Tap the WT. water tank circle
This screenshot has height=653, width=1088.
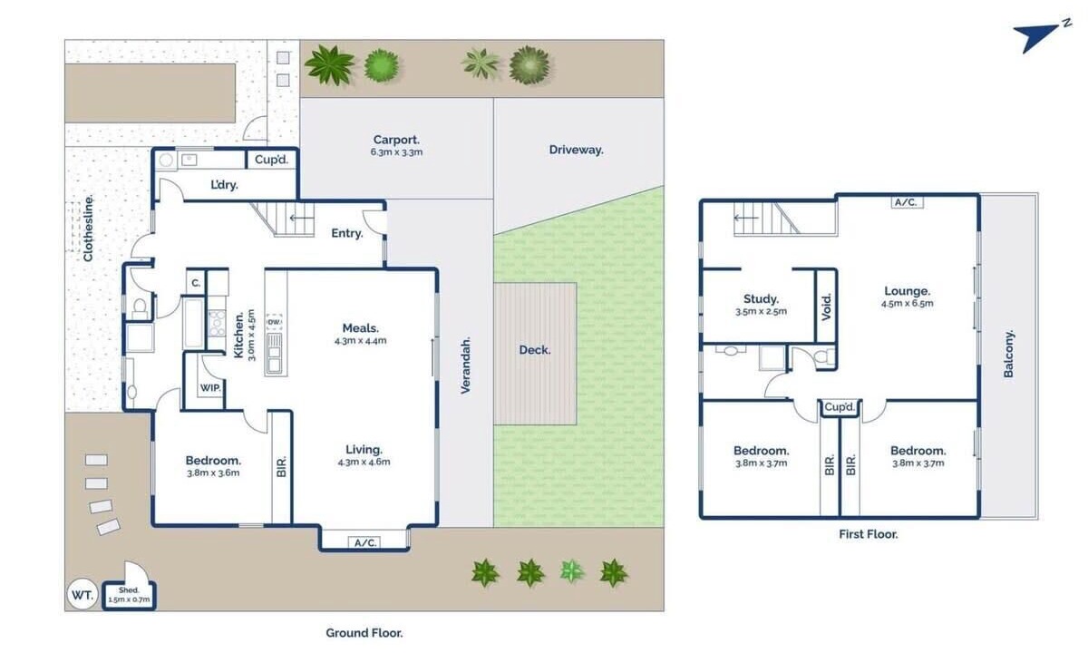pyautogui.click(x=83, y=594)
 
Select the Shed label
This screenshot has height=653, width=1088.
pyautogui.click(x=129, y=590)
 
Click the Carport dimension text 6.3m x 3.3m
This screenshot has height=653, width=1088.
pyautogui.click(x=396, y=152)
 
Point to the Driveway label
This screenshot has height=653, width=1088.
pyautogui.click(x=576, y=150)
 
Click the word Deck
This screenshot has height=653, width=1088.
pyautogui.click(x=535, y=350)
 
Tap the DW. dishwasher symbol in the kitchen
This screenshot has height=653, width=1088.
pyautogui.click(x=274, y=322)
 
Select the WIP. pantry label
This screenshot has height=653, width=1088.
pyautogui.click(x=210, y=388)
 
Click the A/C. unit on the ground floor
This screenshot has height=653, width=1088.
pyautogui.click(x=364, y=542)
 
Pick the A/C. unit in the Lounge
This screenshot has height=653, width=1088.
pyautogui.click(x=907, y=201)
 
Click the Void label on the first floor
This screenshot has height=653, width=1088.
pyautogui.click(x=826, y=307)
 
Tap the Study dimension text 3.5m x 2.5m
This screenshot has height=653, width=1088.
pyautogui.click(x=761, y=311)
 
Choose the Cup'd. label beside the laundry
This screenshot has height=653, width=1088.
pyautogui.click(x=271, y=160)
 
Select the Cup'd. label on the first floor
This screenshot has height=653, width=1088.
pyautogui.click(x=840, y=406)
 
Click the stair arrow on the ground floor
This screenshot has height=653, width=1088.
pyautogui.click(x=301, y=218)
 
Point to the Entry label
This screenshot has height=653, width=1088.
pyautogui.click(x=347, y=233)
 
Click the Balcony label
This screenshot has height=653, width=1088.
pyautogui.click(x=1009, y=354)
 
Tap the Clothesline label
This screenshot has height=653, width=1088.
pyautogui.click(x=88, y=229)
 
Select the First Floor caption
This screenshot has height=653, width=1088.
pyautogui.click(x=869, y=534)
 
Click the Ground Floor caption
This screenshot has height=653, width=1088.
pyautogui.click(x=364, y=633)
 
